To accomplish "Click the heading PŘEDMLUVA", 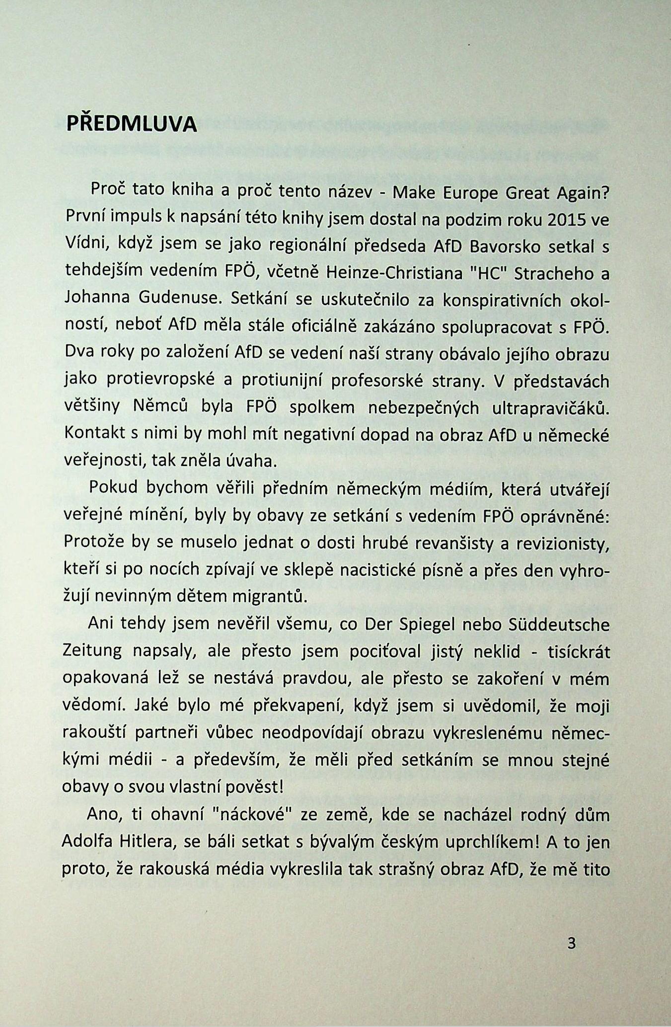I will pyautogui.click(x=132, y=124).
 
